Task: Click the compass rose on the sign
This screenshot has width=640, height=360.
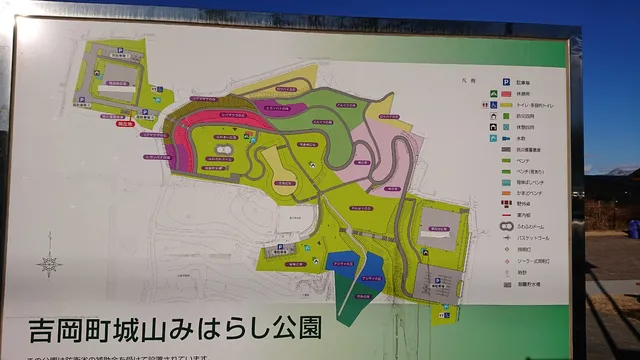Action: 49,264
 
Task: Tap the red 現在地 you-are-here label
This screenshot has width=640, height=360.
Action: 125,125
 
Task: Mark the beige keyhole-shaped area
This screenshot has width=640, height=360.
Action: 286,191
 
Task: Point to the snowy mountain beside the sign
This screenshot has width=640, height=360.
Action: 620,172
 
